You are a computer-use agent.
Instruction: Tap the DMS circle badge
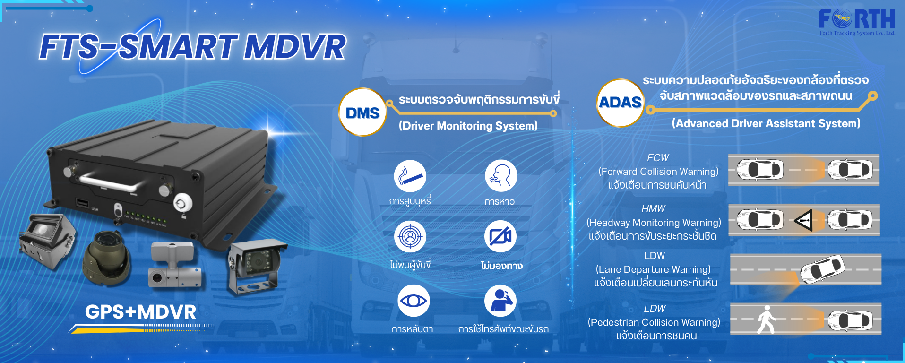click(362, 112)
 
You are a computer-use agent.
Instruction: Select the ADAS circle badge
click(620, 103)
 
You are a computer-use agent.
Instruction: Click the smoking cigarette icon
click(410, 176)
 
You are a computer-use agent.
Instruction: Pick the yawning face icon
click(501, 176)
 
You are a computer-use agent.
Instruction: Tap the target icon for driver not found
click(410, 236)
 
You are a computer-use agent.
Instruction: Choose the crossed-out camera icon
click(500, 236)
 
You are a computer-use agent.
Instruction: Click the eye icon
click(414, 301)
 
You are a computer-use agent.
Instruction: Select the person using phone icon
click(500, 301)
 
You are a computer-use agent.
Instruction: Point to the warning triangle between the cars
click(804, 220)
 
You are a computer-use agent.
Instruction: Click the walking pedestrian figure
click(766, 320)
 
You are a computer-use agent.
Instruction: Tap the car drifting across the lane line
click(822, 268)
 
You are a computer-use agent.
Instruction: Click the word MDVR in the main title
click(294, 47)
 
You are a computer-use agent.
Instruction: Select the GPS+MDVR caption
click(140, 312)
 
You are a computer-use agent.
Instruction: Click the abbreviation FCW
click(658, 158)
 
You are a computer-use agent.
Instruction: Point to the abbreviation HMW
click(653, 209)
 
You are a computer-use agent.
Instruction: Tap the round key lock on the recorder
click(183, 203)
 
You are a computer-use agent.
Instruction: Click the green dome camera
click(107, 258)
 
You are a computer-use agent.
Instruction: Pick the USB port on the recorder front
click(83, 203)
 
